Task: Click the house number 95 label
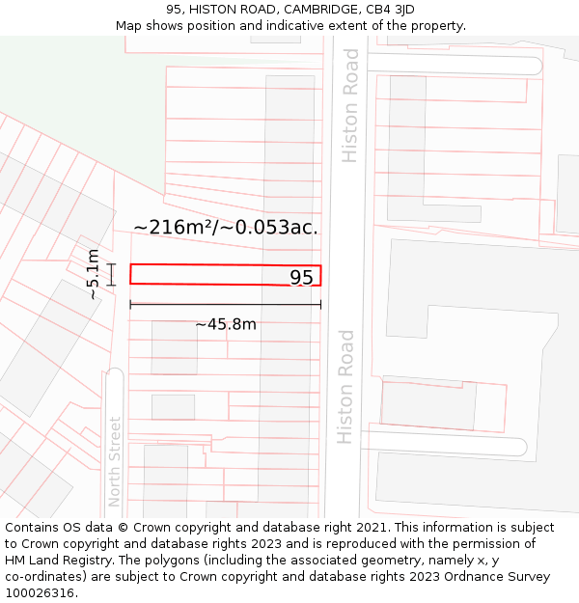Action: (301, 278)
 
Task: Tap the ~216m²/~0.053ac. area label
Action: (226, 228)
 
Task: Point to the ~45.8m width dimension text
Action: (226, 324)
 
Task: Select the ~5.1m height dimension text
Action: (93, 274)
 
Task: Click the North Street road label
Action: (115, 461)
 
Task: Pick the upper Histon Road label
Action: (349, 105)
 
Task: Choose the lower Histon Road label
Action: (345, 387)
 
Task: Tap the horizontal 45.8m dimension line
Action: (226, 305)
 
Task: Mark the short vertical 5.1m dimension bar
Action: (112, 275)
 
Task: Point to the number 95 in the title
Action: (174, 10)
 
